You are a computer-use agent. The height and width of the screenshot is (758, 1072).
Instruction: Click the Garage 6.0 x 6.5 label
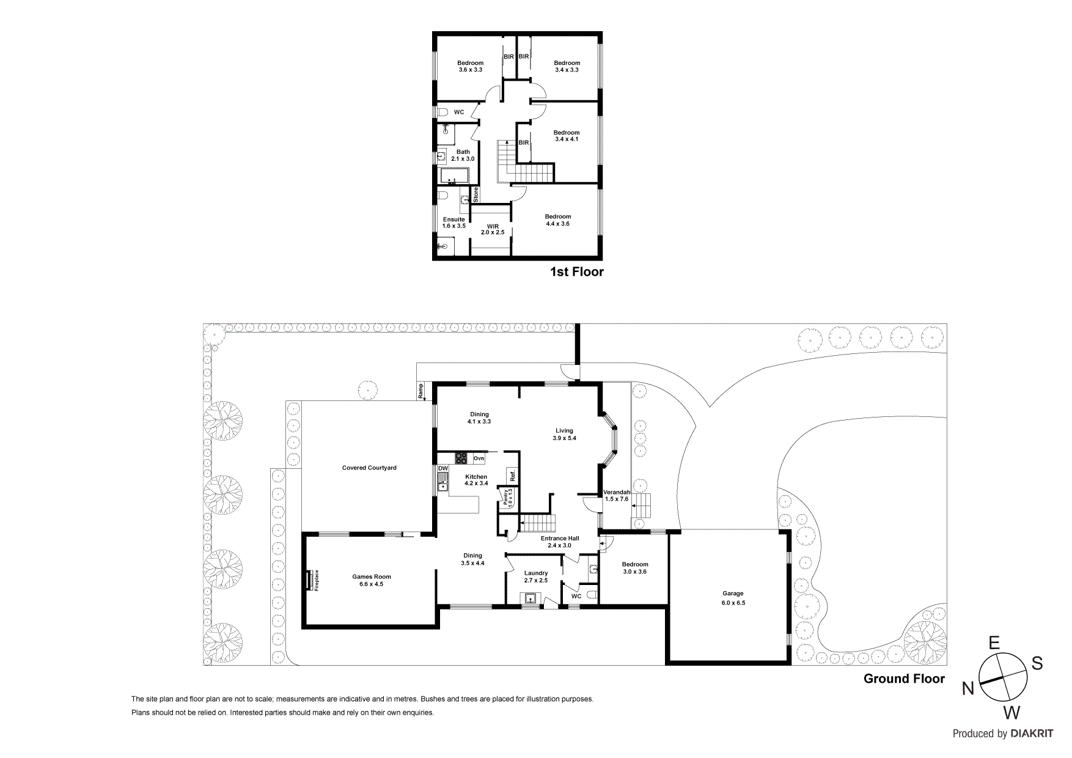[x=733, y=598]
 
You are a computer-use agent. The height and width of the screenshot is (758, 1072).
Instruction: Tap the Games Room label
[x=371, y=580]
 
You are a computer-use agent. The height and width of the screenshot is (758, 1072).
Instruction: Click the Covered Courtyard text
[x=369, y=468]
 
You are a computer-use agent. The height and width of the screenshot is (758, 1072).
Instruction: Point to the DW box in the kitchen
[x=443, y=468]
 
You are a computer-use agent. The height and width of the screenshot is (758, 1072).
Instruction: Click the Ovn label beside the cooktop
[x=479, y=458]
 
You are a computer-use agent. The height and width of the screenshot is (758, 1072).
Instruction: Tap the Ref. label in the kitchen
[x=513, y=475]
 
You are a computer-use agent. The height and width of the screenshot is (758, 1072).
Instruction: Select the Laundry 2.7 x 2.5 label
[x=536, y=576]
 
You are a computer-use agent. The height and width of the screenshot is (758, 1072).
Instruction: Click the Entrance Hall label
[x=559, y=542]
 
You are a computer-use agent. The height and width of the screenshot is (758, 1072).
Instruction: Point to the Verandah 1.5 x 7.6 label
[x=617, y=495]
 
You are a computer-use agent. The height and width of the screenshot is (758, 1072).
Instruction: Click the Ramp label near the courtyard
[x=420, y=391]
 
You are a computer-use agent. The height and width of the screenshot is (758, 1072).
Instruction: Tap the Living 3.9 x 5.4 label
[x=564, y=434]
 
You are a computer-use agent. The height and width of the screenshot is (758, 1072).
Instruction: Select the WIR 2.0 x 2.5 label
[x=493, y=229]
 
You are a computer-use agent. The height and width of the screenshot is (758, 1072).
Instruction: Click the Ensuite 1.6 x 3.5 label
[x=454, y=223]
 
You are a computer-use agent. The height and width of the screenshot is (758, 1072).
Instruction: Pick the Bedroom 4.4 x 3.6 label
[x=558, y=220]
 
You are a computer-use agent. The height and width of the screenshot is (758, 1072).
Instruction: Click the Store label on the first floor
[x=476, y=195]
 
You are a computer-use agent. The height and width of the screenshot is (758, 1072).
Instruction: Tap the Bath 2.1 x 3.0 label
[x=463, y=155]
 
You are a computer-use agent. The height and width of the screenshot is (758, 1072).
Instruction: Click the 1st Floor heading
[x=576, y=272]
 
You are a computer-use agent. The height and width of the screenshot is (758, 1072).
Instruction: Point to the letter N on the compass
[x=967, y=689]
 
